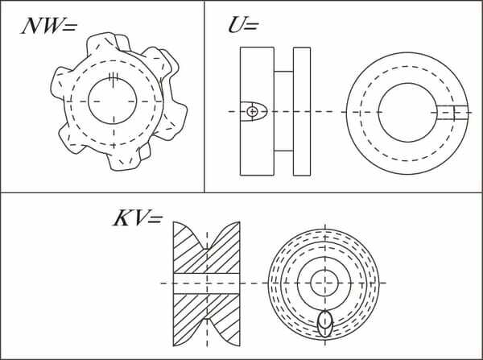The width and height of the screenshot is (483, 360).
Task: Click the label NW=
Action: (x=48, y=26)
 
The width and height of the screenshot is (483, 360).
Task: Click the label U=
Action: (x=243, y=25)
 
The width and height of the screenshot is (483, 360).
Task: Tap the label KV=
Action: (x=138, y=218)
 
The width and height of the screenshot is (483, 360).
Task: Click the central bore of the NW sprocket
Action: (x=113, y=101)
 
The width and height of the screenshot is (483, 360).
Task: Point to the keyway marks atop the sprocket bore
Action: (x=114, y=79)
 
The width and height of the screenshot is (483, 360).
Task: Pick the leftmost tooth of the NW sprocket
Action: (x=61, y=83)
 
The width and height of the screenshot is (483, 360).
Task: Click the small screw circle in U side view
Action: (x=252, y=112)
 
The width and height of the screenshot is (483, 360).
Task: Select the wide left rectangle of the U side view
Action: (x=257, y=111)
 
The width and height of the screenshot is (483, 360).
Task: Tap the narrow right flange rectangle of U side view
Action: (x=302, y=111)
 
